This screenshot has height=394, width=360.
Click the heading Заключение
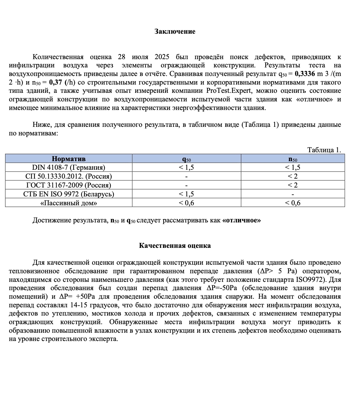click(x=175, y=32)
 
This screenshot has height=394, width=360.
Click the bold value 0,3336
click(x=305, y=74)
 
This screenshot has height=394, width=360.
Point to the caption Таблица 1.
click(x=324, y=150)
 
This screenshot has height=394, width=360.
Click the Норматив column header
click(x=69, y=159)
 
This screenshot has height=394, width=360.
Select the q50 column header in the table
click(x=186, y=159)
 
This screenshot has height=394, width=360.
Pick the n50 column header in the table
click(x=293, y=159)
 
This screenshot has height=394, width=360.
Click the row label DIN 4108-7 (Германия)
click(x=69, y=168)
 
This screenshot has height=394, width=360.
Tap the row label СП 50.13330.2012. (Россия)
click(x=69, y=176)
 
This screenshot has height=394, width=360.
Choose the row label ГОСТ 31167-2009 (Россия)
click(x=69, y=185)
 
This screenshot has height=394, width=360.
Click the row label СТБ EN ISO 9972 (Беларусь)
click(x=69, y=194)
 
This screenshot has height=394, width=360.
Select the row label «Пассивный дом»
click(x=69, y=203)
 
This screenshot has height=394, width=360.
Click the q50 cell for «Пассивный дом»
click(x=186, y=203)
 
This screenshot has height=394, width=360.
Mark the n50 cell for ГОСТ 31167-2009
click(x=293, y=185)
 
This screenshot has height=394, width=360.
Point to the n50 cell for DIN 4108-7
click(x=293, y=168)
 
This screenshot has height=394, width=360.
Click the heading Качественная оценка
click(x=175, y=246)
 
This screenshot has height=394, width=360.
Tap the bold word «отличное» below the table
click(x=242, y=221)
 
